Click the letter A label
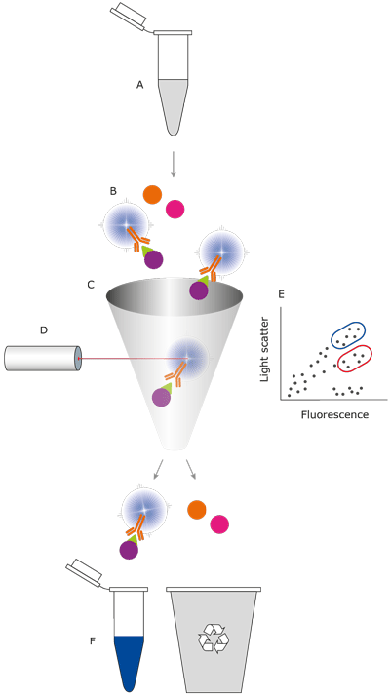click(x=139, y=85)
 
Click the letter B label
click(x=113, y=192)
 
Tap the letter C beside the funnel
click(x=91, y=285)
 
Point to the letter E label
click(x=281, y=294)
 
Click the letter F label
click(x=92, y=641)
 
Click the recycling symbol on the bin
click(x=213, y=638)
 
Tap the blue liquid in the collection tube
click(x=129, y=661)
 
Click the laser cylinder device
click(x=43, y=358)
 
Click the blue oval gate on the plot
click(x=348, y=335)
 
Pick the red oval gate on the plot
click(x=355, y=359)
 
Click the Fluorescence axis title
click(x=334, y=414)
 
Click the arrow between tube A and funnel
click(x=174, y=164)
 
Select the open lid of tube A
click(x=129, y=16)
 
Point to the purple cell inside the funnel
click(x=161, y=397)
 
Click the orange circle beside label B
click(x=152, y=194)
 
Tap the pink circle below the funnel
click(x=219, y=524)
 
